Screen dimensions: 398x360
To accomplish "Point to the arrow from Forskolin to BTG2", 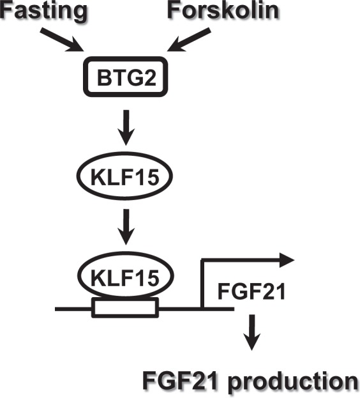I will coord(188,40).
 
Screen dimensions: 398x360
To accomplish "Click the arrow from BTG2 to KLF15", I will coord(126,127).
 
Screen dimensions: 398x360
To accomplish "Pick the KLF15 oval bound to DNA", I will coord(126,275).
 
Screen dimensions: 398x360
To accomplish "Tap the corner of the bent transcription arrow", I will coord(202,260).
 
